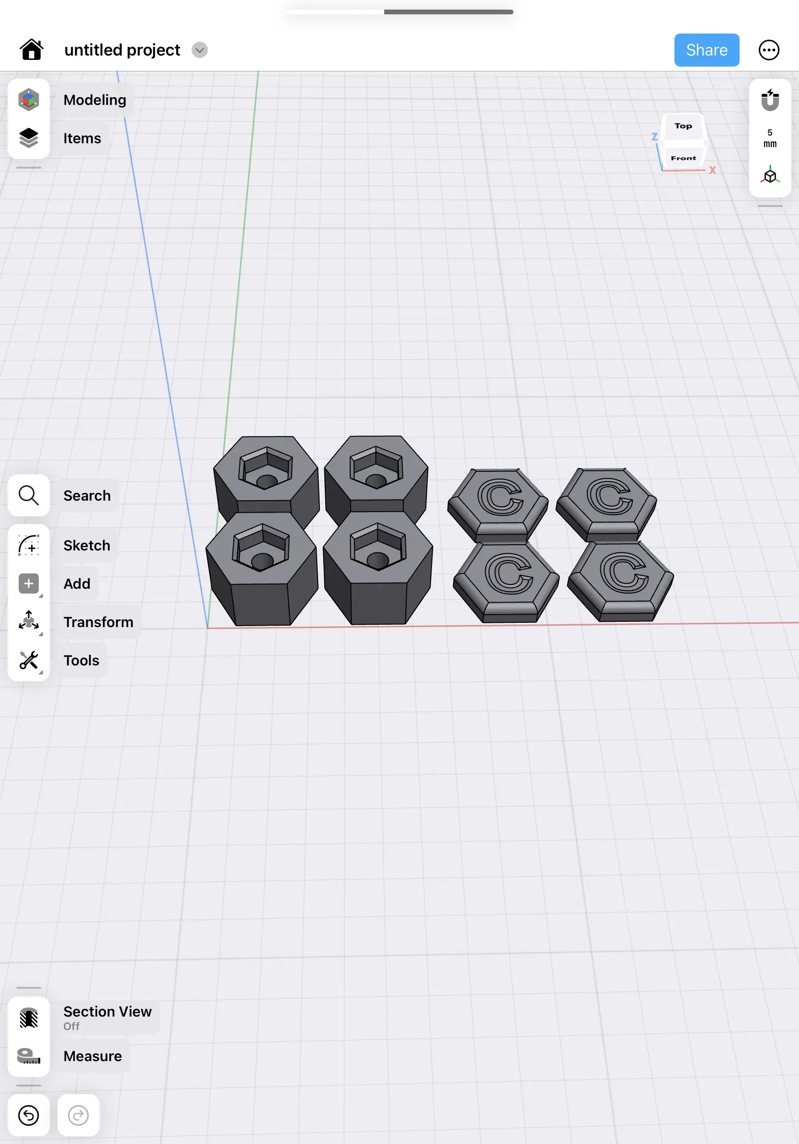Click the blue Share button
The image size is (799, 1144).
[706, 50]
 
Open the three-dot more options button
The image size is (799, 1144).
[768, 50]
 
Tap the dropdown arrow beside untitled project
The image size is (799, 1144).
[199, 50]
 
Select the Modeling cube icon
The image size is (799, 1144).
[29, 100]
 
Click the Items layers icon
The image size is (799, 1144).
[29, 138]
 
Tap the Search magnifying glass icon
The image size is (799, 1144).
[29, 495]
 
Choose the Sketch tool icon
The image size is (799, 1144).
[29, 545]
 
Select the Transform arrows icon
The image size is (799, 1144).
[29, 621]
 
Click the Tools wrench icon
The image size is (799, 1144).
[29, 660]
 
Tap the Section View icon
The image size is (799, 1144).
[29, 1018]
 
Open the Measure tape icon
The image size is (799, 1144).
[29, 1056]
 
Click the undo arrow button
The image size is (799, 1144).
[29, 1115]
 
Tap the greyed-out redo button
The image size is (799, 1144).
[78, 1115]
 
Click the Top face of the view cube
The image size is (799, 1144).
[683, 126]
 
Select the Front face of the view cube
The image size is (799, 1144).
[683, 158]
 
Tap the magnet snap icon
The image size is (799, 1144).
[770, 100]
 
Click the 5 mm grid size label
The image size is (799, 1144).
[770, 138]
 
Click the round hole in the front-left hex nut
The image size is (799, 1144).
[262, 561]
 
